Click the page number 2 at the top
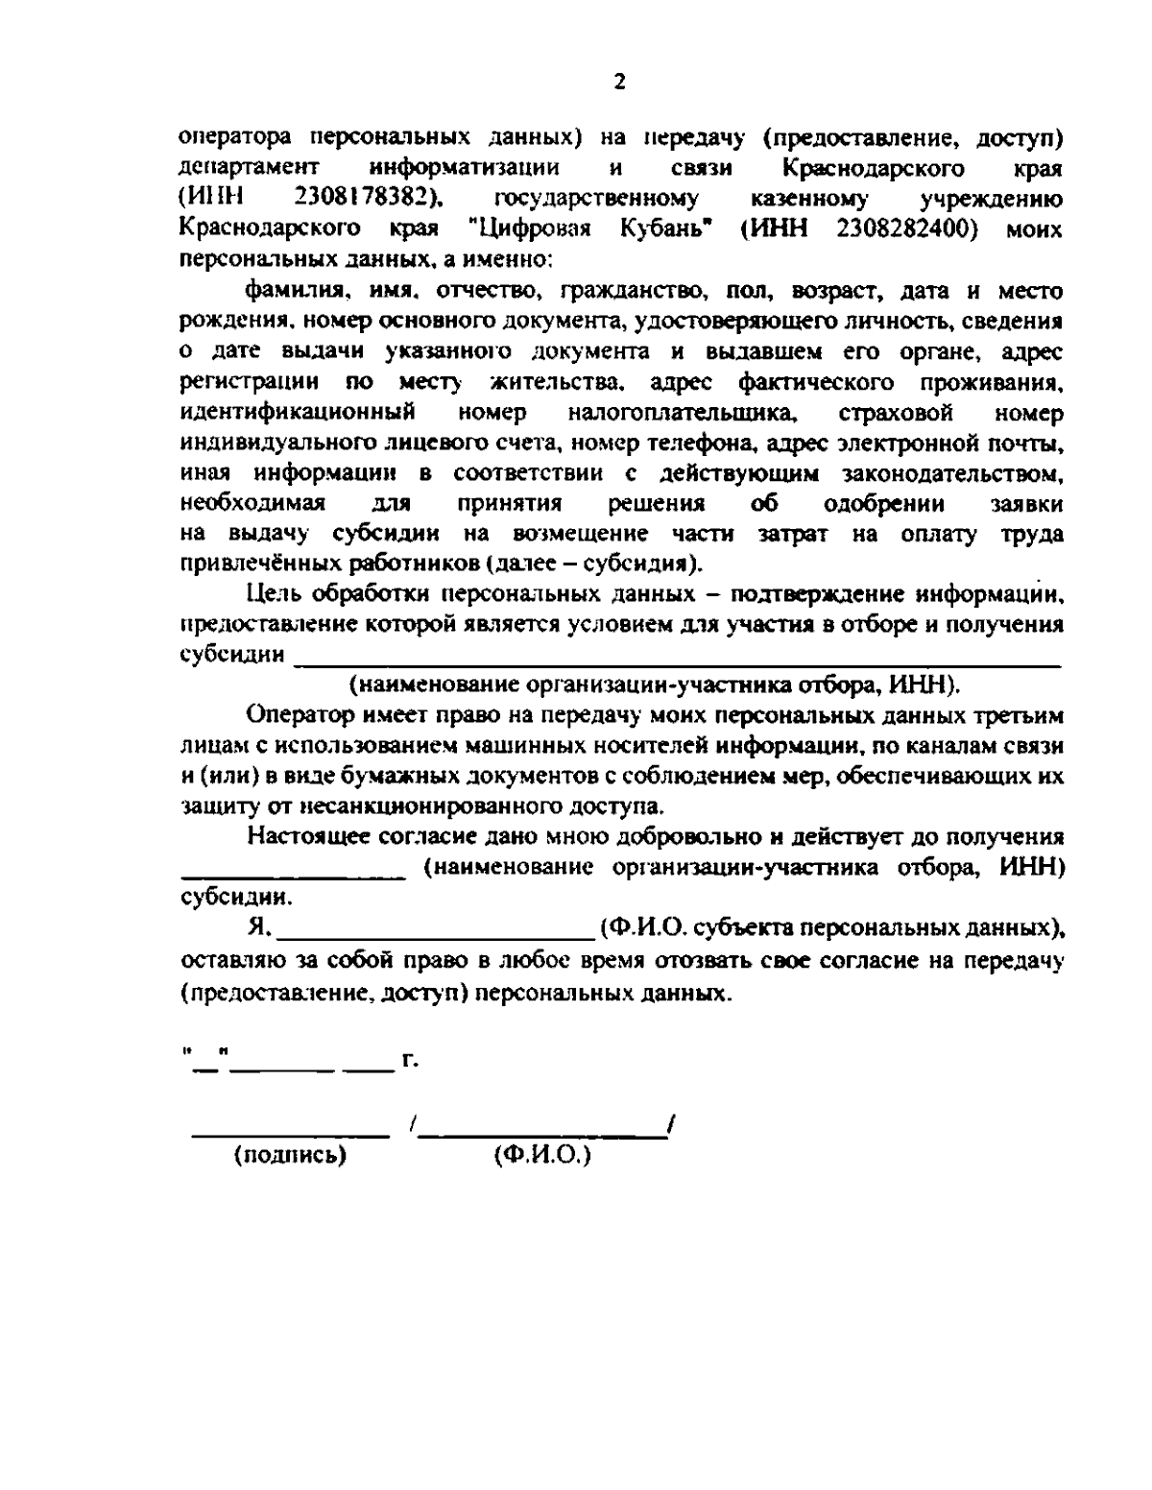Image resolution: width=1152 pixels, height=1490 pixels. (x=619, y=83)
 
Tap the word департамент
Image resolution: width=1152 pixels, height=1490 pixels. (x=235, y=168)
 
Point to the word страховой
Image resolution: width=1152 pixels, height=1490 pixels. (x=895, y=414)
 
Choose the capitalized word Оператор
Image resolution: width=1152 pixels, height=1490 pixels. (x=293, y=716)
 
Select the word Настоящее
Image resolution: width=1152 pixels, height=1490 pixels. (x=300, y=837)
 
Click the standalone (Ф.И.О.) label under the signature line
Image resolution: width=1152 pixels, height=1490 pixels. (x=542, y=1155)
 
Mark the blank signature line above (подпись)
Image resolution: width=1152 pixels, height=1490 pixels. (x=291, y=1137)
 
